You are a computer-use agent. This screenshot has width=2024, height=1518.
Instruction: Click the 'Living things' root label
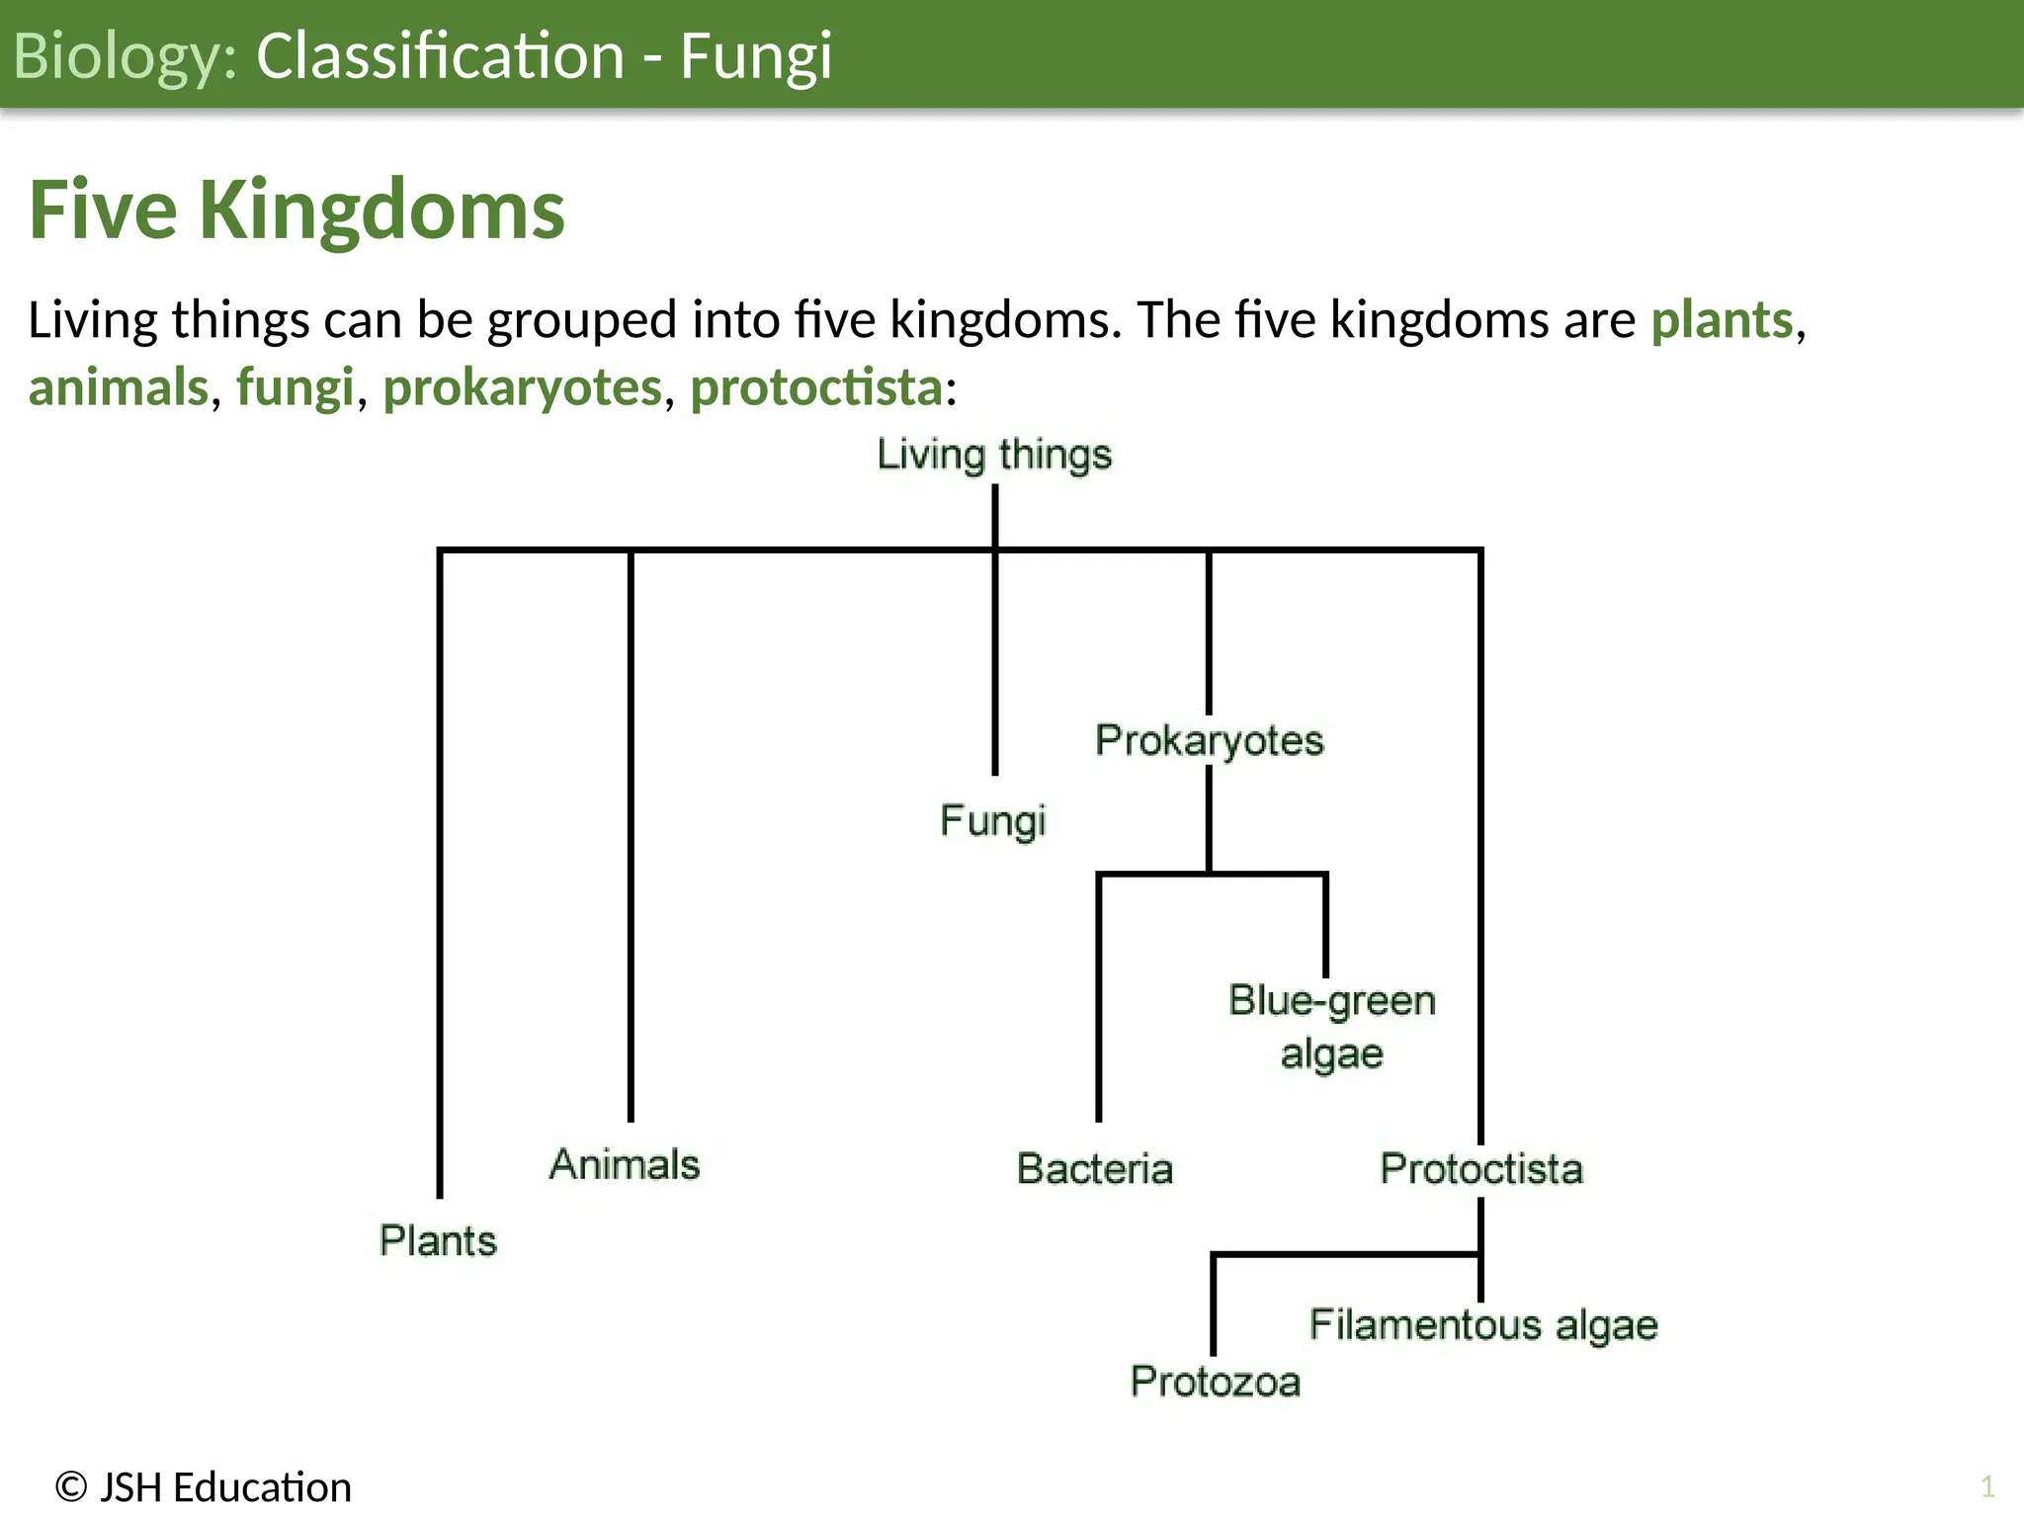click(994, 456)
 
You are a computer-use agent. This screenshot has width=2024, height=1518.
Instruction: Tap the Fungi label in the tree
click(992, 821)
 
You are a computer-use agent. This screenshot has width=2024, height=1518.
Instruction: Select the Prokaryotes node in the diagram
click(1209, 741)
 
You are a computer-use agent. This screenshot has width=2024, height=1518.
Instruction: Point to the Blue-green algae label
click(1331, 1027)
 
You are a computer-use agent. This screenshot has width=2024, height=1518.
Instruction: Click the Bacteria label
click(1095, 1169)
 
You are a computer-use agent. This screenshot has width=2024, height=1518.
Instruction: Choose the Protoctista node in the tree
click(1481, 1169)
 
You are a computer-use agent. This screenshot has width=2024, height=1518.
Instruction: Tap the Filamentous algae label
click(1482, 1325)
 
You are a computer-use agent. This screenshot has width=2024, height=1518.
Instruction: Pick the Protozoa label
click(1215, 1382)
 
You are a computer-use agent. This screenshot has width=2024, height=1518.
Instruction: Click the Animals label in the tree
click(625, 1165)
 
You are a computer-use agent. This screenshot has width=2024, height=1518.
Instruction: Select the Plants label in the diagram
click(438, 1241)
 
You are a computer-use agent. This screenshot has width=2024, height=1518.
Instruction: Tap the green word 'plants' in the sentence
click(1722, 320)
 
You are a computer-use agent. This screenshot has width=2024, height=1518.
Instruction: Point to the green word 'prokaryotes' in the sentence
click(522, 387)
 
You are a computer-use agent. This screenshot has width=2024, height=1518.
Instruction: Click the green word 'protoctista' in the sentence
click(815, 387)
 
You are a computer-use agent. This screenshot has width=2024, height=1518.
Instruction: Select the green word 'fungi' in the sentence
click(295, 387)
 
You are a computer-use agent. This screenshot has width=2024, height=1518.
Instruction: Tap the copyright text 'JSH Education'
click(224, 1487)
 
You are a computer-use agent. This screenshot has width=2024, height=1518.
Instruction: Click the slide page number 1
click(1987, 1486)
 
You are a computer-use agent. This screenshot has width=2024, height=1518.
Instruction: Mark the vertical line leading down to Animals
click(631, 840)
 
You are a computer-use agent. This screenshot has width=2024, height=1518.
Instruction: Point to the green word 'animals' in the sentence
click(119, 387)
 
